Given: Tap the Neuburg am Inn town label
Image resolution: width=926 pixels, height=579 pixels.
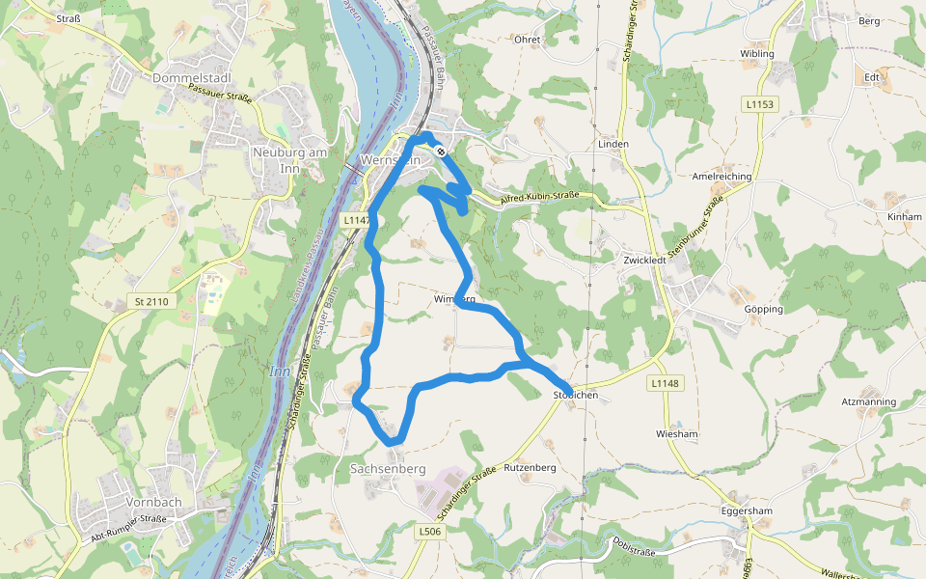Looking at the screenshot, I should pos(285,158).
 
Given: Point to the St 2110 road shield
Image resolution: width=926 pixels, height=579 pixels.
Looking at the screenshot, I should pos(151,302).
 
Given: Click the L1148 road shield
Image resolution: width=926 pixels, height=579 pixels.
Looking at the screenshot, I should pos(665,384).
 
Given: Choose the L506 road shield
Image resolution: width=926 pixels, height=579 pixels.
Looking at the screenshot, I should pos(430,531).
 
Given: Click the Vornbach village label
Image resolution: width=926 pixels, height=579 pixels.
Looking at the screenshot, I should pos(154,502).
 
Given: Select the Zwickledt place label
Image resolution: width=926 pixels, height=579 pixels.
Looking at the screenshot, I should pos(646,261).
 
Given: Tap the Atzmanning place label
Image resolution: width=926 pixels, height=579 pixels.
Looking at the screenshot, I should pos(868,401).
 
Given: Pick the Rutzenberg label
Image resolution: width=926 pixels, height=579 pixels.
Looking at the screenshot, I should pos(531,467).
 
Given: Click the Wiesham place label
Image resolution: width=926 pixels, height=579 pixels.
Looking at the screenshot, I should pos(675,434).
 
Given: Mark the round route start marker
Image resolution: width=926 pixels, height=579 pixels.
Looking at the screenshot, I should pos(440,151).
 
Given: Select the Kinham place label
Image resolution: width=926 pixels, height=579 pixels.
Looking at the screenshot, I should pos(905,217).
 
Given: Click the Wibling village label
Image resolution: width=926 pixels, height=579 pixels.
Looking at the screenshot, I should pos(756,54).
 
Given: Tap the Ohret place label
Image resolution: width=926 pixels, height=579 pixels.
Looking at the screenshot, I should pos(527,41).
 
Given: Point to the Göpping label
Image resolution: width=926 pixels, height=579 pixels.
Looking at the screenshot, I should pos(764,309).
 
